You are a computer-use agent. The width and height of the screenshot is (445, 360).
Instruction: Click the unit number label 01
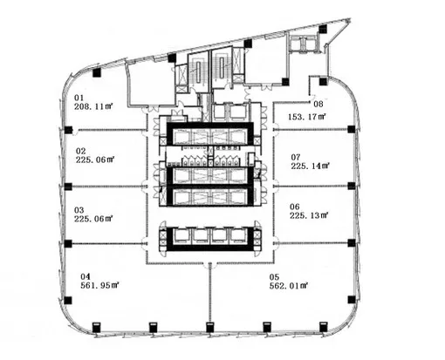coord(79,98)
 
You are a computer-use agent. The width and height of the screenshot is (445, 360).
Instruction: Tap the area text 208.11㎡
coord(93,106)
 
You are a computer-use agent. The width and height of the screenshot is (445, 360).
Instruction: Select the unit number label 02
coord(80,151)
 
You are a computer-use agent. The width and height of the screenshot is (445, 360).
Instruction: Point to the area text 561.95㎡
coord(100,285)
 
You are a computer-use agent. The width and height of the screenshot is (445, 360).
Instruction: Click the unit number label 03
coord(79,210)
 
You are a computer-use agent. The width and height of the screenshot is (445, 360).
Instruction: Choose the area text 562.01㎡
coord(289,286)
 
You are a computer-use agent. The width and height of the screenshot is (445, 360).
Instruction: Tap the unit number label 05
coord(274,277)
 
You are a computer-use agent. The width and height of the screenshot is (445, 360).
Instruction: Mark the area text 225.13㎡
coord(309,215)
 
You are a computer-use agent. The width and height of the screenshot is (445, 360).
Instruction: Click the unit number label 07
coord(296,157)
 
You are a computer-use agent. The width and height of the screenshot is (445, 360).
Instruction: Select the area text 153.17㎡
coord(307,117)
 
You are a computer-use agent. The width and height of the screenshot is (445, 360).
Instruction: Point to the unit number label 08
coord(318,104)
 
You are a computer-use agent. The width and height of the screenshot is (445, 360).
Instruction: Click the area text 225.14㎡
coord(310,166)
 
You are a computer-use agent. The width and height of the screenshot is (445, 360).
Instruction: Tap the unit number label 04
coord(86,276)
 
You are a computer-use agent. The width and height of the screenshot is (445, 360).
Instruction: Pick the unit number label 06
coord(295,207)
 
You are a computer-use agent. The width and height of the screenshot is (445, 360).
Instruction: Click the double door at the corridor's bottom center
coord(209,264)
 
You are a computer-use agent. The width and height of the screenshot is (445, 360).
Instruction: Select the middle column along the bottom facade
coord(209,327)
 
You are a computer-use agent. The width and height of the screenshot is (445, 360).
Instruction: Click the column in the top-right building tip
coord(323,29)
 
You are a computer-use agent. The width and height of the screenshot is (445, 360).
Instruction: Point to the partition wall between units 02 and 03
coord(106,187)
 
